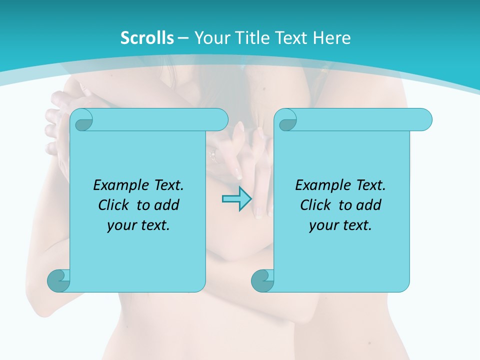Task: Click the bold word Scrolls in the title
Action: [x=147, y=38]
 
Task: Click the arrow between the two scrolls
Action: [x=236, y=198]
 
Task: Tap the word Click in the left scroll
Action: [x=114, y=205]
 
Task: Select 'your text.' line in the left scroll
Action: [x=138, y=225]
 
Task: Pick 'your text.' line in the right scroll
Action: [x=340, y=225]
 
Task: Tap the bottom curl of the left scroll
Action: [x=58, y=280]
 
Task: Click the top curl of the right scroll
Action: [x=286, y=120]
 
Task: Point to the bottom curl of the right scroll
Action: [x=262, y=280]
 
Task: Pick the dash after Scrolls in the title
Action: [x=183, y=38]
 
